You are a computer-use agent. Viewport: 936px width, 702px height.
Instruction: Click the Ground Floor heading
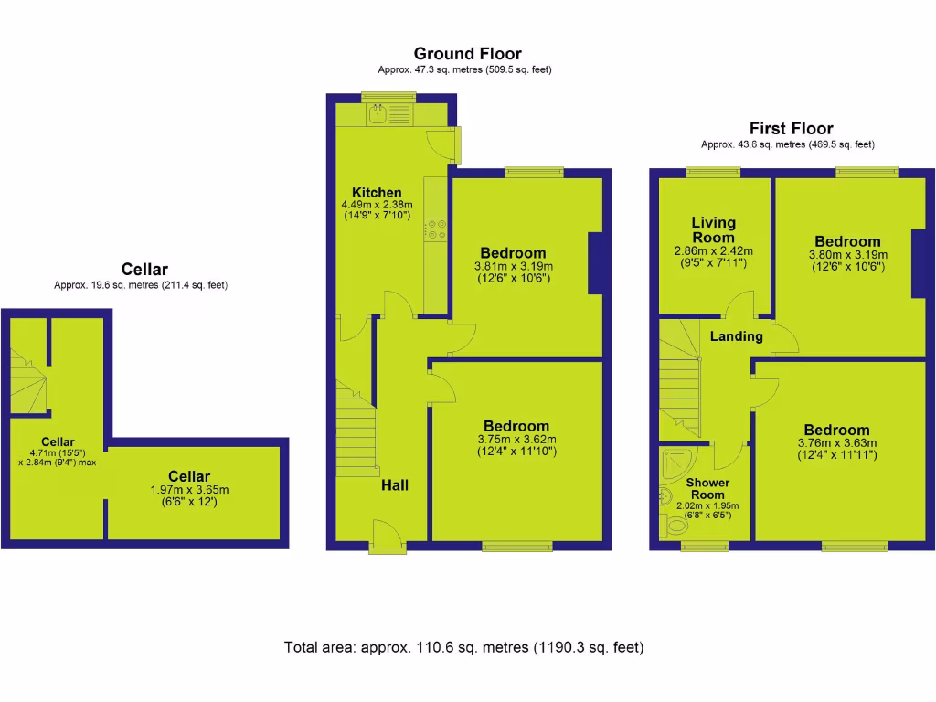(467, 54)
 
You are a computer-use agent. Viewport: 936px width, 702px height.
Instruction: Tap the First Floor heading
(791, 129)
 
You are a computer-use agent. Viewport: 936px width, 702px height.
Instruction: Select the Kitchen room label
(377, 193)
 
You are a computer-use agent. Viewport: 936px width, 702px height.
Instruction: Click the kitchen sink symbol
(378, 113)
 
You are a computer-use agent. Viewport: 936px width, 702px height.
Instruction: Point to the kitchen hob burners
(436, 229)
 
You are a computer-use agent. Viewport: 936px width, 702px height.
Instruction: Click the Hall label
(395, 485)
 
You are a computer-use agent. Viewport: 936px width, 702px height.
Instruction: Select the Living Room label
(713, 229)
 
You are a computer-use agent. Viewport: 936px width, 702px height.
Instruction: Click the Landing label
(736, 336)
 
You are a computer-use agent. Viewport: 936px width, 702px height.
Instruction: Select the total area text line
(464, 648)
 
